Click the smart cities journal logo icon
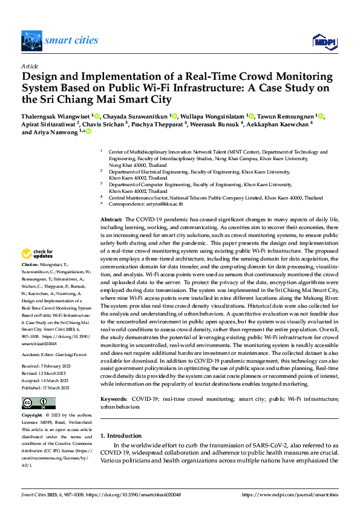[x=32, y=41]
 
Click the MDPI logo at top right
[x=324, y=41]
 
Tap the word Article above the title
[x=30, y=66]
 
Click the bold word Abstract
[x=111, y=219]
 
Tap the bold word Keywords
[x=114, y=400]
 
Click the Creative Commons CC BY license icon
[x=39, y=403]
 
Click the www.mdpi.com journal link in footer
[x=290, y=494]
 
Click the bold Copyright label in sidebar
[x=33, y=415]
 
